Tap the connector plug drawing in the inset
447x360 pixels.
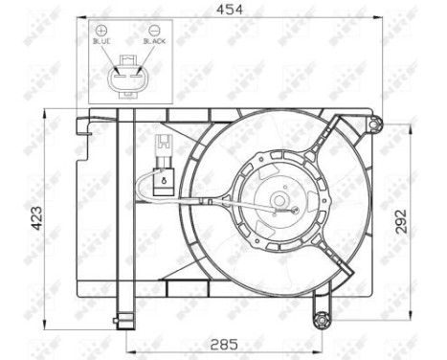tap(128, 78)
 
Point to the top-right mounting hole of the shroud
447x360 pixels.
tap(375, 123)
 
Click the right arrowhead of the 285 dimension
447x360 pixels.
tap(319, 347)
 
